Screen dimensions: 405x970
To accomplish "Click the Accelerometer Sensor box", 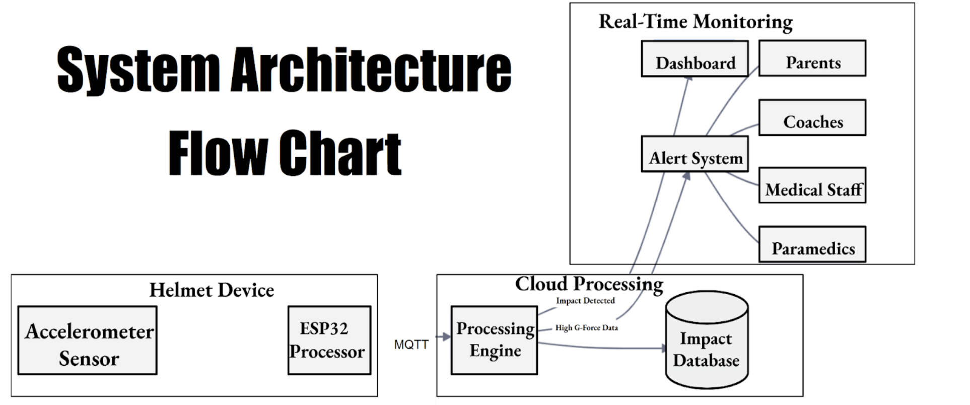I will point(87,341).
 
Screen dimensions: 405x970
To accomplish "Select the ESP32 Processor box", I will point(329,341).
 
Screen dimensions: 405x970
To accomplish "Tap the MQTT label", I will point(411,345).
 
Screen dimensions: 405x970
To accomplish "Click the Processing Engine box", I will point(494,341).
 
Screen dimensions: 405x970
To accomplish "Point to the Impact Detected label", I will point(585,301).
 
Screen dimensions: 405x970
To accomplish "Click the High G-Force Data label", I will point(586,328).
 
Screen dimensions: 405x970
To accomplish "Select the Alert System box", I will point(695,154).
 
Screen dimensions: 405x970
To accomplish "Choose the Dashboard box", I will point(695,59).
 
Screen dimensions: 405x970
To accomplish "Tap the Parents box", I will point(812,58).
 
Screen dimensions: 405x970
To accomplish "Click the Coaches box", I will point(812,118).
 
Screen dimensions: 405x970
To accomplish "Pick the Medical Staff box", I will point(812,186).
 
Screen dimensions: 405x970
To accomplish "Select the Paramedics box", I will point(812,245).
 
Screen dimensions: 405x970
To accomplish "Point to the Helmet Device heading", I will point(212,290).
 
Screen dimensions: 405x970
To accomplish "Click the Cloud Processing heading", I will point(589,284).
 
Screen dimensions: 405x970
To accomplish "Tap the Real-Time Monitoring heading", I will point(696,22).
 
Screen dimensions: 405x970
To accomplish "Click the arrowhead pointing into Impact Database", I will point(663,348).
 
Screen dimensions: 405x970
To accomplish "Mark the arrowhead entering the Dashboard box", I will point(688,81).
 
